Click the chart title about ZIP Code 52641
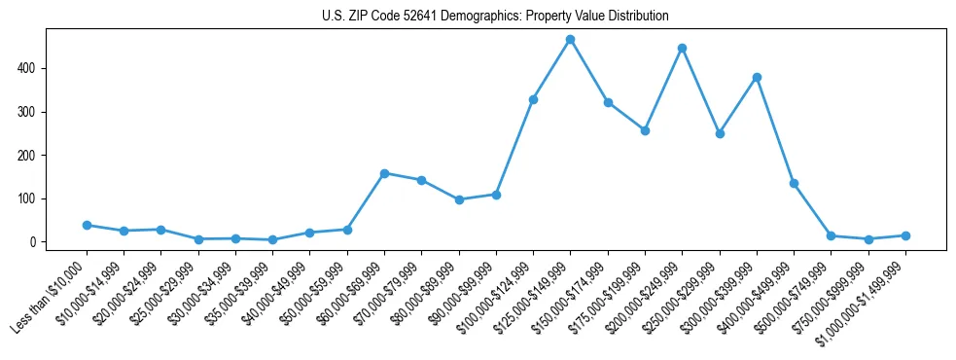[x=495, y=17]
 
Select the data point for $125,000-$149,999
[x=571, y=40]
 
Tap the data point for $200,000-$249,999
[x=683, y=48]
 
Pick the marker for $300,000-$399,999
[x=757, y=77]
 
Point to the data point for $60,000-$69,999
[x=384, y=173]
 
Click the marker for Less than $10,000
[x=87, y=225]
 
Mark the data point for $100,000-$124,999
[x=533, y=99]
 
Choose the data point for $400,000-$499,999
[x=794, y=183]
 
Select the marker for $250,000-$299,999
[x=720, y=133]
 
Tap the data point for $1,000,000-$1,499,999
[x=905, y=235]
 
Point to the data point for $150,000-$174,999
[x=608, y=102]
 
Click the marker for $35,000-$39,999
[x=272, y=239]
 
